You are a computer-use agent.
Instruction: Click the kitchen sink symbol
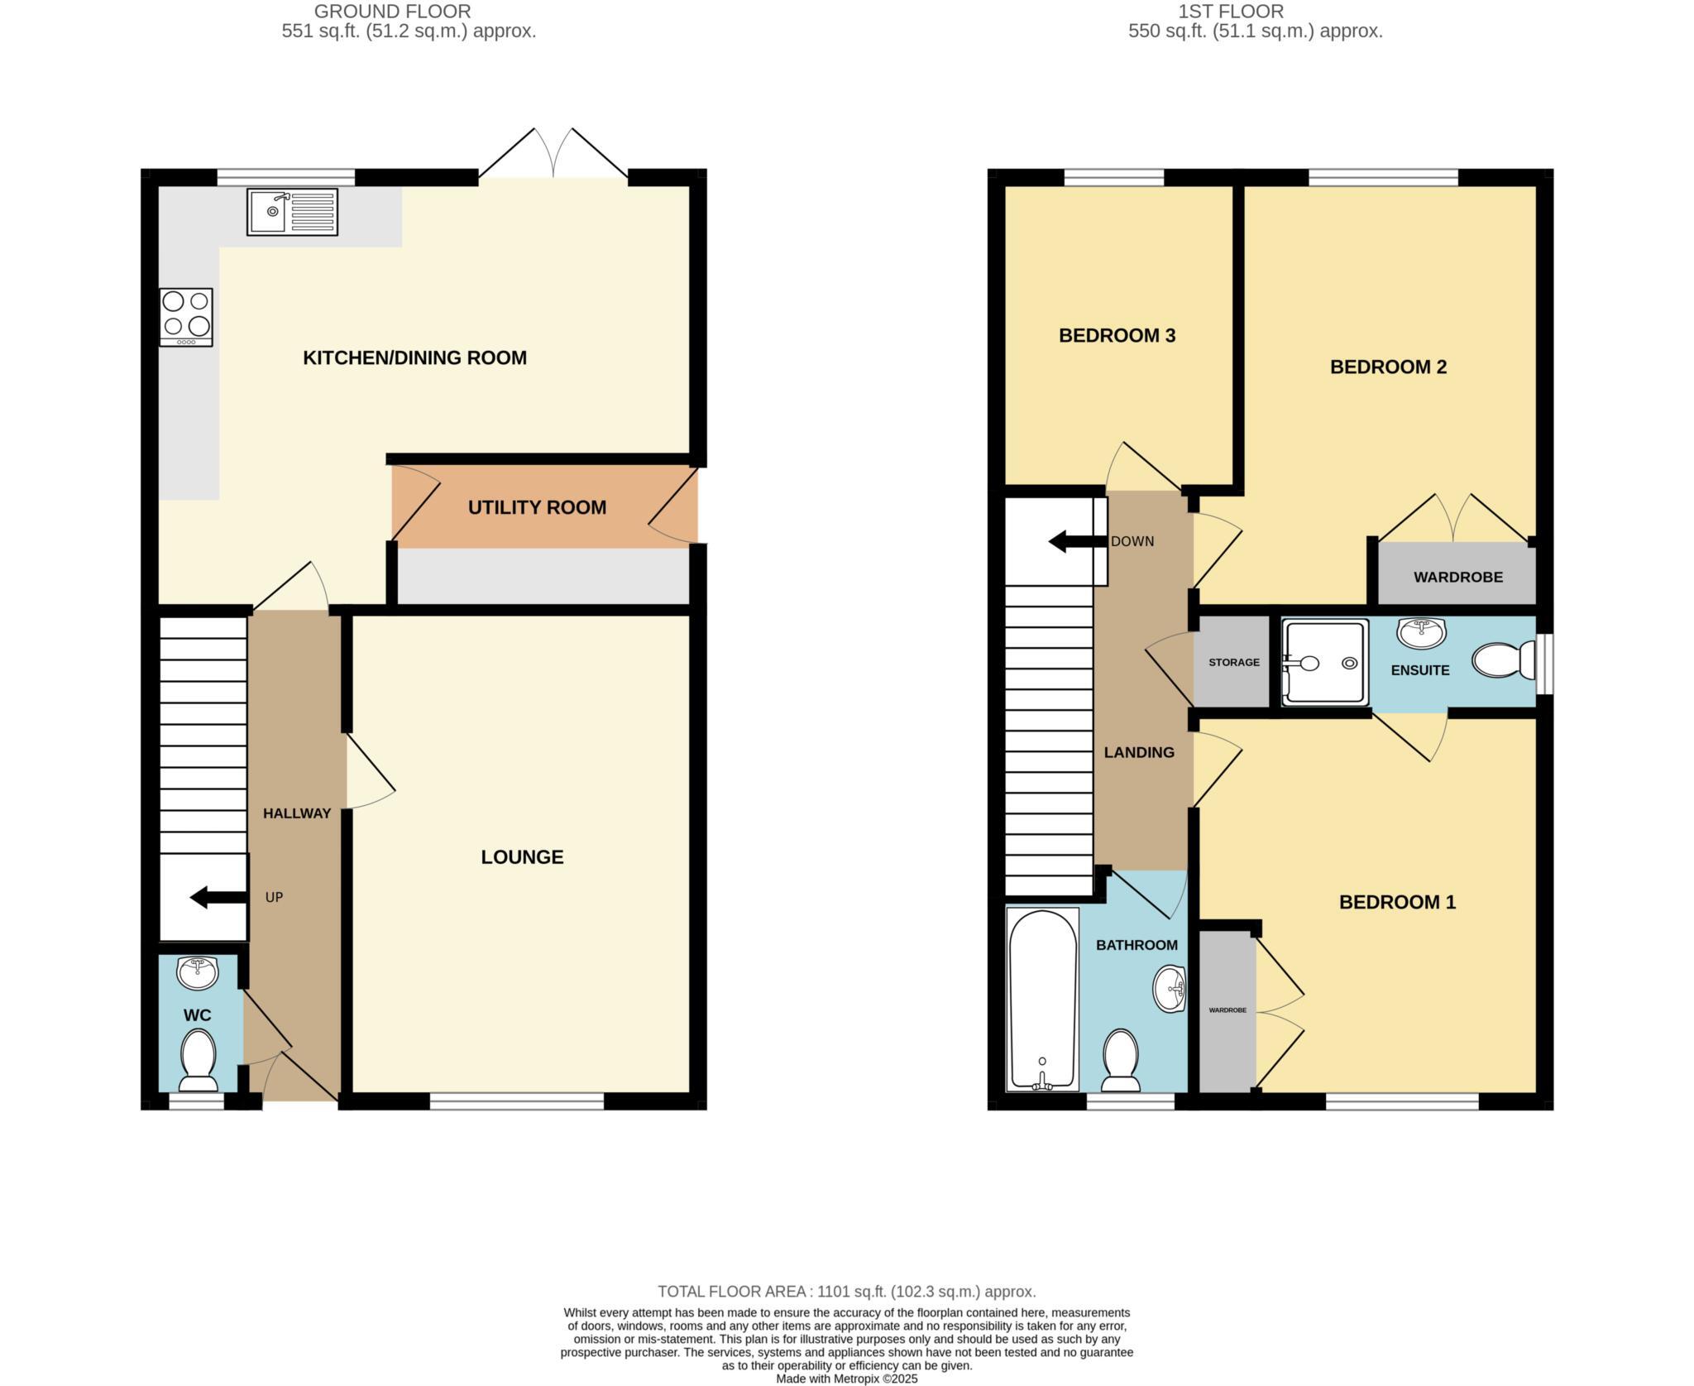(291, 212)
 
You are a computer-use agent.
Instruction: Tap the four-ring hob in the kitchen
(186, 316)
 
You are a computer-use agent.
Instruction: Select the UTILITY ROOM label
(537, 507)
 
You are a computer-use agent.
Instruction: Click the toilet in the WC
(199, 1060)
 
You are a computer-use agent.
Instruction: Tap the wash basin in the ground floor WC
(198, 972)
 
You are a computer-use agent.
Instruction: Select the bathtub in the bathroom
(1042, 1000)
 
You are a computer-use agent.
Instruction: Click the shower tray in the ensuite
(1324, 663)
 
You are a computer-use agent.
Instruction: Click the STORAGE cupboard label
(1233, 662)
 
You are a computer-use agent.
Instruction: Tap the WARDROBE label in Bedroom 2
(1457, 577)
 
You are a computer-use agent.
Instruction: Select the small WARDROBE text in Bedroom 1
(1227, 1010)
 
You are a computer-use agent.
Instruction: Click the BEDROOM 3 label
(1117, 335)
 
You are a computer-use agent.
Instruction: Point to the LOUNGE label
(522, 856)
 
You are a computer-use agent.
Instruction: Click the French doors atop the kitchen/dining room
(553, 155)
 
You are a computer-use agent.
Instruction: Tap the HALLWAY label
(296, 813)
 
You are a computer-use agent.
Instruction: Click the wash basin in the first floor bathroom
(1170, 988)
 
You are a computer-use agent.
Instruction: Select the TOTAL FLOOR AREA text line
(846, 1291)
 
